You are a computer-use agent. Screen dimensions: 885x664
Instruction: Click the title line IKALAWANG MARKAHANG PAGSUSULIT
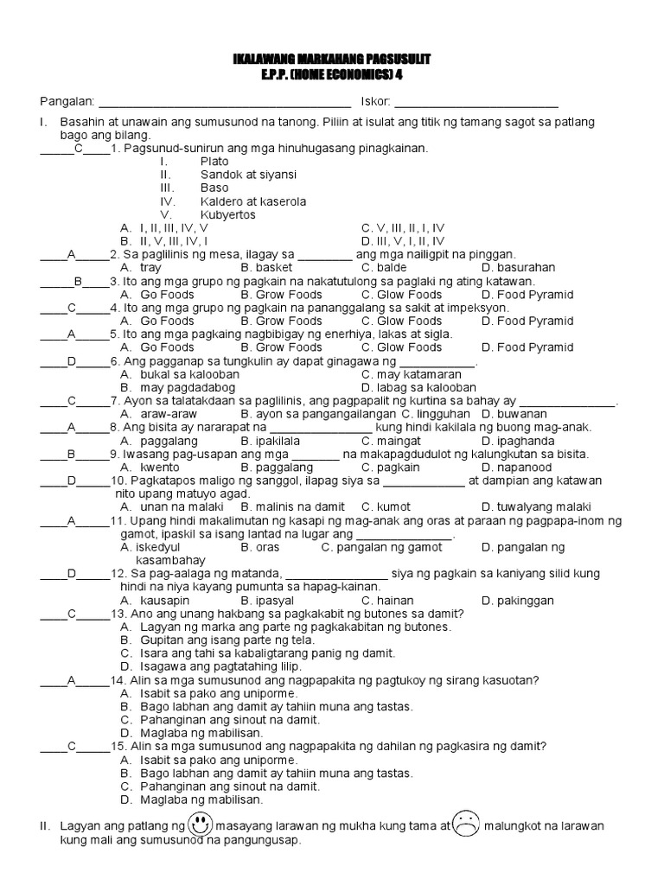(332, 59)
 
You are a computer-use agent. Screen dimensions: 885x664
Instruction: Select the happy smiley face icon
(199, 824)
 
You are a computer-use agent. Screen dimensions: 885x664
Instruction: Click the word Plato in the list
(214, 162)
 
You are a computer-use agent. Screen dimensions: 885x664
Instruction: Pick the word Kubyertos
(227, 214)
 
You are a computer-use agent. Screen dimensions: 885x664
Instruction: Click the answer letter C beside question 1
(78, 149)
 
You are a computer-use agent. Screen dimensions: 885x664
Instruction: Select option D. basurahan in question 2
(519, 268)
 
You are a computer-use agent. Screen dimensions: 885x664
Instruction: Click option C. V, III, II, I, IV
(403, 228)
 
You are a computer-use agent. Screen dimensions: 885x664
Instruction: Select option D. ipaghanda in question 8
(519, 441)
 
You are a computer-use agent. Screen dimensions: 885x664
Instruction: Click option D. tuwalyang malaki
(536, 506)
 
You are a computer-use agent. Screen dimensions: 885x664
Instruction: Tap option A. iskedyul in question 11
(153, 547)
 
